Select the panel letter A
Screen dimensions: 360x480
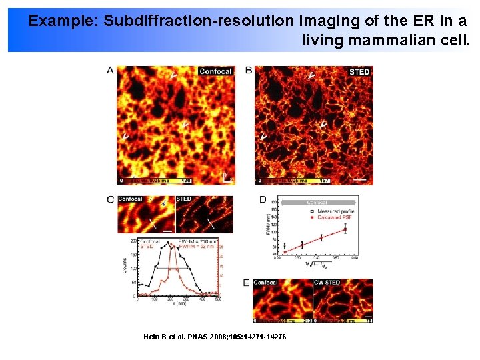(x=110, y=70)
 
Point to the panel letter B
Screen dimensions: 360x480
(x=249, y=70)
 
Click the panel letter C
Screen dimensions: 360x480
(x=110, y=199)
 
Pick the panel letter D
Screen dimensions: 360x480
(x=263, y=199)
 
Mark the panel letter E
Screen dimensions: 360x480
(x=247, y=283)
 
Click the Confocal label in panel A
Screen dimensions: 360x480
(x=215, y=71)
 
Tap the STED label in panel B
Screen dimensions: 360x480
(x=359, y=71)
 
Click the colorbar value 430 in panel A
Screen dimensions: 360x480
(x=187, y=181)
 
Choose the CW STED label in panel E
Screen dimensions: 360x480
(x=327, y=283)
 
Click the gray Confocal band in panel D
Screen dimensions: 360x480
(x=317, y=202)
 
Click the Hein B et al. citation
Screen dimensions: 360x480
(x=215, y=337)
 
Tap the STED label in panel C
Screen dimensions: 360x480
(x=184, y=199)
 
